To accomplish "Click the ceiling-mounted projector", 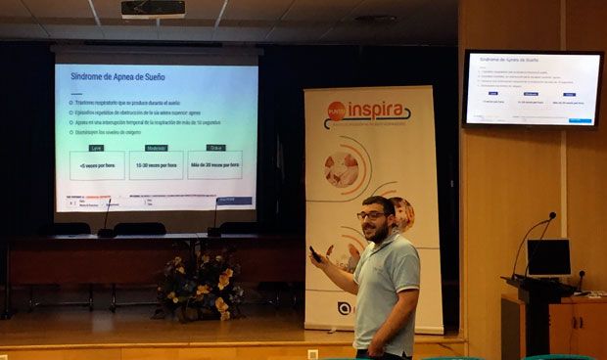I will click(x=154, y=9).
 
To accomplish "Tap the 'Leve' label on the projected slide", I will click(x=96, y=148).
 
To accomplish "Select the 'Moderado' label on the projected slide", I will click(x=157, y=148).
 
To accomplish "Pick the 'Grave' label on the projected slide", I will click(x=215, y=148).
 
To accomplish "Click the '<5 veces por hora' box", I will click(x=96, y=165).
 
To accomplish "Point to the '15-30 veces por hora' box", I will click(x=157, y=165).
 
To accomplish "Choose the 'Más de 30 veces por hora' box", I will click(x=215, y=165).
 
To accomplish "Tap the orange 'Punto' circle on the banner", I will click(x=336, y=111).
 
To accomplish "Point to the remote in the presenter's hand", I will click(x=315, y=253).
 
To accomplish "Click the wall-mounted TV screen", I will click(x=532, y=88).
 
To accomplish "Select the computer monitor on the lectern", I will click(x=548, y=257).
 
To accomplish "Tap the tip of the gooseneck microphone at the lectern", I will click(x=552, y=214).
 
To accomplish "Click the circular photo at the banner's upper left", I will click(x=341, y=169).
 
